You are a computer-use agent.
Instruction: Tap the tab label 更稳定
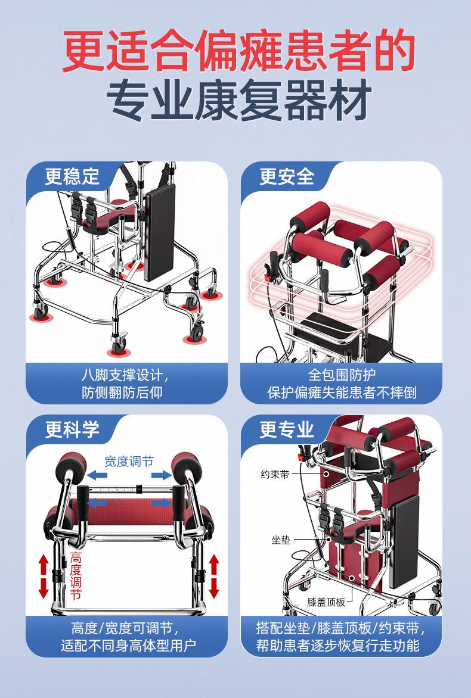(72, 177)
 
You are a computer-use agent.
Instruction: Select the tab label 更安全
(287, 177)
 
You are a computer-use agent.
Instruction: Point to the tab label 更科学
(72, 430)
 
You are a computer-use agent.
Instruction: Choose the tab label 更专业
(287, 430)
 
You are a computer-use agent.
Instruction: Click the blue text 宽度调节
(129, 462)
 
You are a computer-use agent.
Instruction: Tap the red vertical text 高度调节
(76, 576)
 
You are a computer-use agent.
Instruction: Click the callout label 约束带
(275, 475)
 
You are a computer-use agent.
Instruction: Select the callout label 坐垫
(281, 540)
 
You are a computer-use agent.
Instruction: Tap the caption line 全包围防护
(342, 375)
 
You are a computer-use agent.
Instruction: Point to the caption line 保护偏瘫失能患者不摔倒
(342, 392)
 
